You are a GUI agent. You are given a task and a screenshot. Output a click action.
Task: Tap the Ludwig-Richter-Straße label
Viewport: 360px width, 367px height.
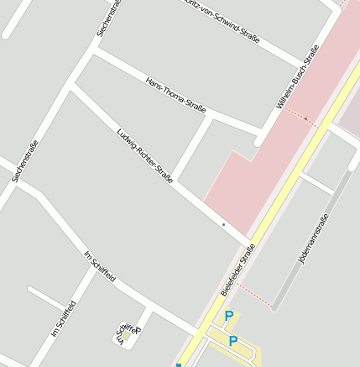(145, 155)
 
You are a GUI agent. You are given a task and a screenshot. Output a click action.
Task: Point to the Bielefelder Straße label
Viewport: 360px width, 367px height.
(237, 270)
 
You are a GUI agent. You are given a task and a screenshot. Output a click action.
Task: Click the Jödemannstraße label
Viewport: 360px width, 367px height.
(314, 239)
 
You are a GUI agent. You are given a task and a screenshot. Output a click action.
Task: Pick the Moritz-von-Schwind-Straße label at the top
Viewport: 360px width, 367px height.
(221, 20)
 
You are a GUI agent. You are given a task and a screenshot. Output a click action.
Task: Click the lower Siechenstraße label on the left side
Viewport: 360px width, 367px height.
(26, 162)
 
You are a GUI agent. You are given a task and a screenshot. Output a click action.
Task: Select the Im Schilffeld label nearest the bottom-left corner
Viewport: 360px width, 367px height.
(64, 318)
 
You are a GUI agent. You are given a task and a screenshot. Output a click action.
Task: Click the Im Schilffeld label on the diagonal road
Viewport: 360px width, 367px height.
(100, 266)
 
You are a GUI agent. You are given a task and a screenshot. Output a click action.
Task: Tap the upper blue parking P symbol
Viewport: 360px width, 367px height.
(228, 316)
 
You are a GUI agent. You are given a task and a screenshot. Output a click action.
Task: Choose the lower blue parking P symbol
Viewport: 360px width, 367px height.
(234, 341)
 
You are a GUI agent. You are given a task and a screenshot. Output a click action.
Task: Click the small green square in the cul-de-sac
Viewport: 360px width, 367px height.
(127, 334)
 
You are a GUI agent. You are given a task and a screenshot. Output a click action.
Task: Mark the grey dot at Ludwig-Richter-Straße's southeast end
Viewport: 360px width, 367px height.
(223, 225)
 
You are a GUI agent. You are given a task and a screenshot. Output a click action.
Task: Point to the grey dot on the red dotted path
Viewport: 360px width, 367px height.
(305, 118)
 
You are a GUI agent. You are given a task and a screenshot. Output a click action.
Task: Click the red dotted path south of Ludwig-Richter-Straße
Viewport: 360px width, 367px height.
(253, 294)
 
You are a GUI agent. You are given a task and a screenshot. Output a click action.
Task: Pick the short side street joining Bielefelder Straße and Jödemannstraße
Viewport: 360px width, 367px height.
(316, 183)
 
